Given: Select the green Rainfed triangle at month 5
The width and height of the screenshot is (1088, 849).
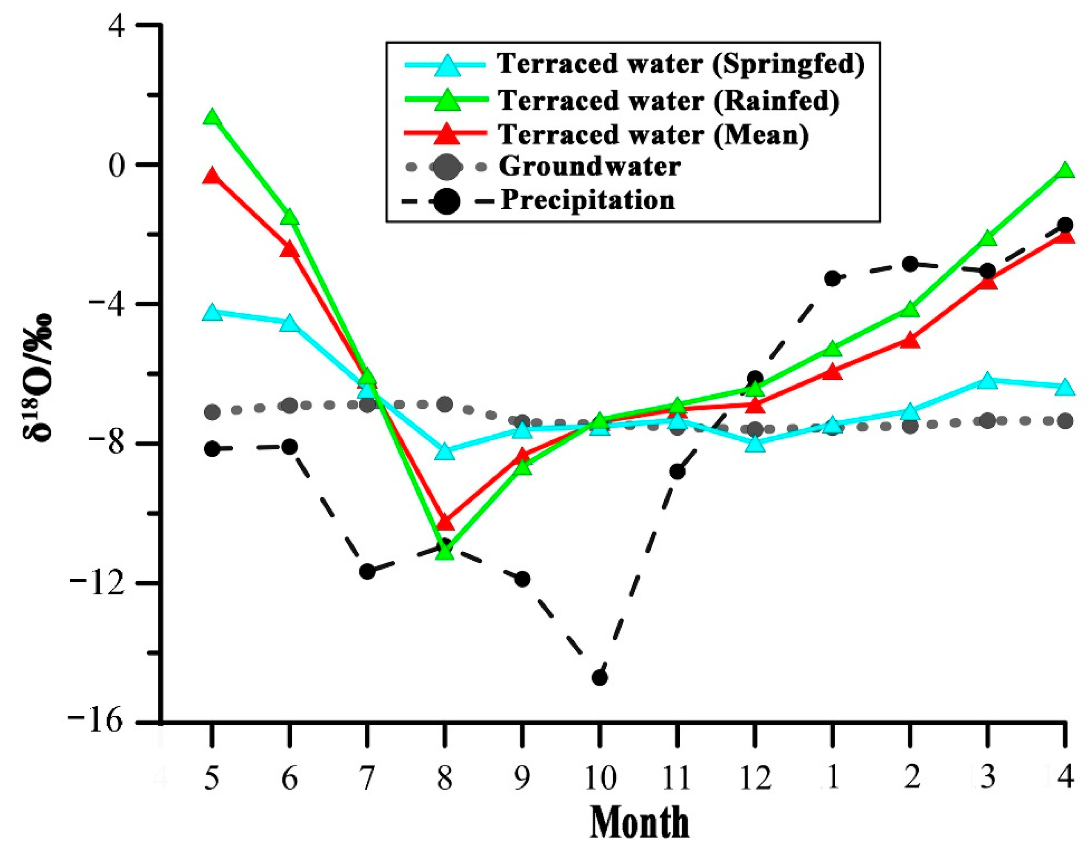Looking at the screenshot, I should [212, 118].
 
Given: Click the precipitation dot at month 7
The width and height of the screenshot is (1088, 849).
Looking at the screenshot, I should [368, 572].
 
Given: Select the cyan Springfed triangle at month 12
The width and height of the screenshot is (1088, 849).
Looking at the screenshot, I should [755, 444].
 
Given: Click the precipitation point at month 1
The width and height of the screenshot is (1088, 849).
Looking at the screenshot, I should [832, 278].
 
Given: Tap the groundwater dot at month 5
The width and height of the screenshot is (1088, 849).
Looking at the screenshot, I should [212, 412].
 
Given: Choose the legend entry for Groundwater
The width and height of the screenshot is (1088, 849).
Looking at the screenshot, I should [589, 167].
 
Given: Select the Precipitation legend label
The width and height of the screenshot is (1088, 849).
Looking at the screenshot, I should [588, 201].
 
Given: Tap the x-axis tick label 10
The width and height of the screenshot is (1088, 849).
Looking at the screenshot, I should [600, 778].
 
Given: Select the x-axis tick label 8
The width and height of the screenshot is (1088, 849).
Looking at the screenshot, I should [445, 778].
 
